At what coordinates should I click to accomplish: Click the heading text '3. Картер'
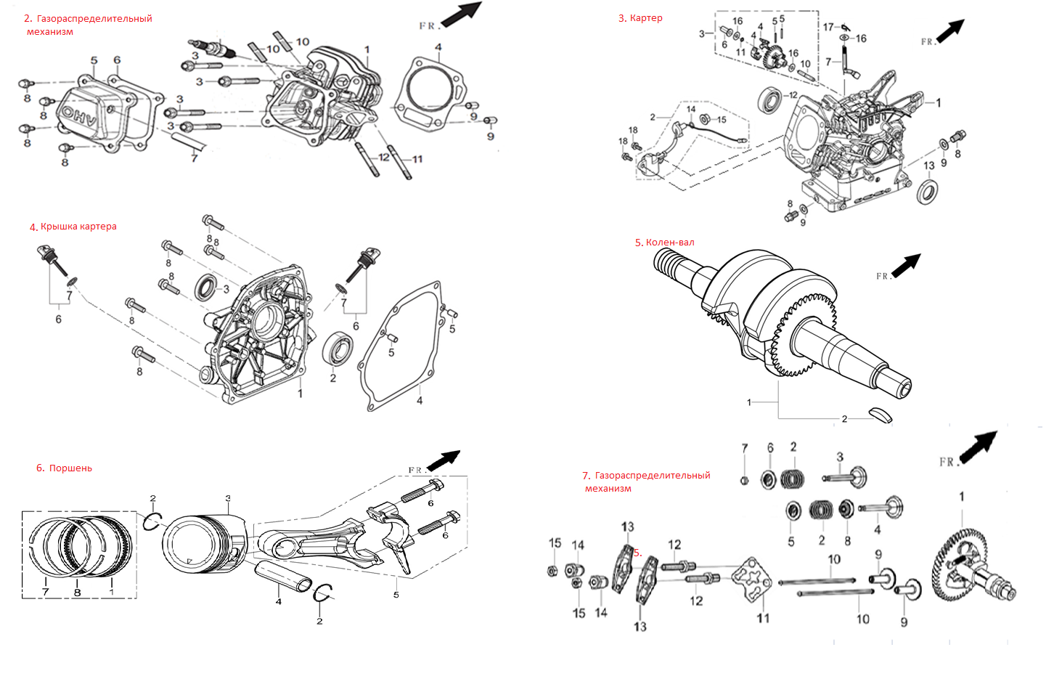(x=640, y=18)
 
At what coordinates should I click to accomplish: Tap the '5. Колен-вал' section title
(x=665, y=243)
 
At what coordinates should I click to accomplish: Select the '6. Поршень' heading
(x=65, y=468)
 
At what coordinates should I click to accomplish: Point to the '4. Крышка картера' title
(x=73, y=227)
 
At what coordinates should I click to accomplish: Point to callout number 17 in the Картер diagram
(x=828, y=27)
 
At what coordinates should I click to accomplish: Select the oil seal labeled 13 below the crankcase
(x=927, y=192)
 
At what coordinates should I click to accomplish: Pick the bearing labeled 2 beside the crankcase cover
(x=338, y=349)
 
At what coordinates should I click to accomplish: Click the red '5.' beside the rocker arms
(x=637, y=553)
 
